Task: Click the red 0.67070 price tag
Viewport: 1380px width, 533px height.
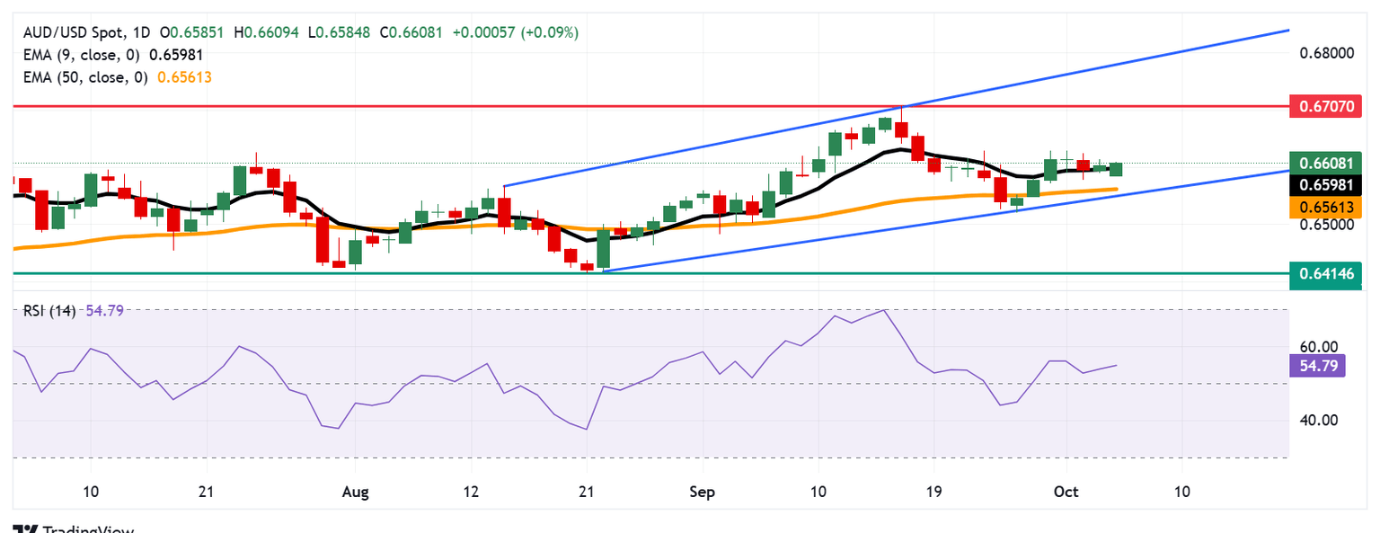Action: (1325, 106)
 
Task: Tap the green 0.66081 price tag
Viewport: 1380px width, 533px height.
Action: (1325, 163)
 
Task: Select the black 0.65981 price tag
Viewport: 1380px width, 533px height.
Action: (1325, 185)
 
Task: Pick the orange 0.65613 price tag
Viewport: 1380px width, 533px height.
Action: (1325, 208)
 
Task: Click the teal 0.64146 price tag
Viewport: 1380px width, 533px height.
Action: (1325, 272)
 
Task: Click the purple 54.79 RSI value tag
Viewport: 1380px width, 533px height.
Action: (1317, 365)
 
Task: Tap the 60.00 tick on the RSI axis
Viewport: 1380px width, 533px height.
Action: (1318, 347)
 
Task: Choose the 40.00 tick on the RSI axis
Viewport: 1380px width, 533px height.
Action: (1318, 420)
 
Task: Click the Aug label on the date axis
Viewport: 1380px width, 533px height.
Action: (356, 493)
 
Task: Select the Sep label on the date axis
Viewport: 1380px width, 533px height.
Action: (703, 493)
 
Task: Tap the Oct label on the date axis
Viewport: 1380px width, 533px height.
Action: (1066, 493)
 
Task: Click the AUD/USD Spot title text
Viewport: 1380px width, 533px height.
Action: (71, 32)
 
